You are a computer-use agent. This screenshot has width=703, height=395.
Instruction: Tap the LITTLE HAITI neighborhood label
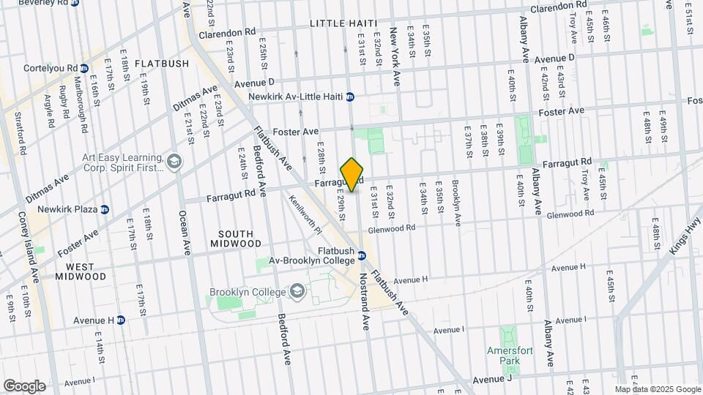click(342, 24)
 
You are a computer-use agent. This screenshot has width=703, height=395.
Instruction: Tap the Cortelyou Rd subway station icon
click(85, 68)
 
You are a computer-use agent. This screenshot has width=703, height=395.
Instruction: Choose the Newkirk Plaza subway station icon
click(104, 209)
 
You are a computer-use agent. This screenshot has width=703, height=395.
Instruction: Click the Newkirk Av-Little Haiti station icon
click(350, 97)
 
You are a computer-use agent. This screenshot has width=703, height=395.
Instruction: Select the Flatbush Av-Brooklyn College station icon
click(361, 255)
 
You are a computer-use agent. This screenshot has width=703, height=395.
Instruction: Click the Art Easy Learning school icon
click(174, 161)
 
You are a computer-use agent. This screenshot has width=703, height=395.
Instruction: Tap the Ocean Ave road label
click(184, 234)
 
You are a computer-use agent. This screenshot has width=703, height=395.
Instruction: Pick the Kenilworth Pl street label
click(305, 214)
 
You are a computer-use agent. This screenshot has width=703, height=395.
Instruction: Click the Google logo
click(24, 385)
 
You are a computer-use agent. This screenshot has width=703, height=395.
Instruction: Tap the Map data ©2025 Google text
click(657, 389)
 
